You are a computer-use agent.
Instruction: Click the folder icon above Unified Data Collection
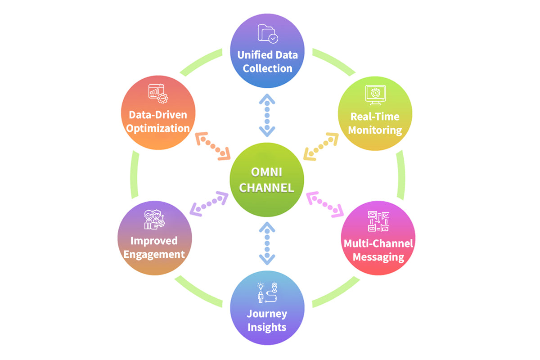tap(267, 34)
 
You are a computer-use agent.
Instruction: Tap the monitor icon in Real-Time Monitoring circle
tap(374, 95)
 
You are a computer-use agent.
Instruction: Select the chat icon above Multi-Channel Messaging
tap(378, 222)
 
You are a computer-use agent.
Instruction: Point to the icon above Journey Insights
tap(267, 292)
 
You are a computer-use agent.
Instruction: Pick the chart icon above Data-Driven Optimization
tap(157, 92)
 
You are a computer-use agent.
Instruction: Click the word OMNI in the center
tap(267, 172)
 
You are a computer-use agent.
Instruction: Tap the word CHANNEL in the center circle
tap(267, 187)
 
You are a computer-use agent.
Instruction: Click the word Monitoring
tap(375, 130)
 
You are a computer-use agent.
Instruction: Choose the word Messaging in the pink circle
tap(378, 257)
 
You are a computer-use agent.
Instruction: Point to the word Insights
tap(267, 327)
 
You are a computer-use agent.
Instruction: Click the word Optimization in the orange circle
tap(158, 128)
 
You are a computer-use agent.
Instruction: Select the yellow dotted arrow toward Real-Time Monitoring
tap(321, 146)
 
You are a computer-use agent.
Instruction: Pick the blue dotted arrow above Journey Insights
tap(267, 243)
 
